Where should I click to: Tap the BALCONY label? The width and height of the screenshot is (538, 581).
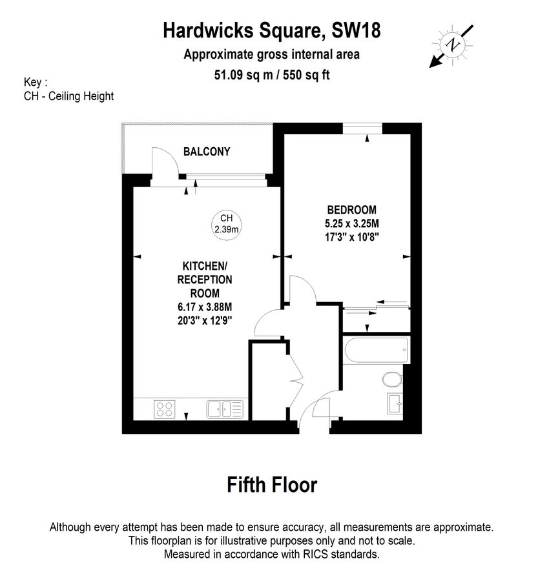pos(207,152)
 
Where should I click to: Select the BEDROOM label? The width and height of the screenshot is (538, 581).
pos(351,210)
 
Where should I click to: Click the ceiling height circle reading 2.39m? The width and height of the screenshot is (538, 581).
pos(226,224)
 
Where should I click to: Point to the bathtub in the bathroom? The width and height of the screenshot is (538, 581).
pos(375,352)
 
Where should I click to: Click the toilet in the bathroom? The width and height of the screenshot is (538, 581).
pos(391,378)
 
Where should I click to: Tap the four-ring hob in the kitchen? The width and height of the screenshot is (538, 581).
pos(165,409)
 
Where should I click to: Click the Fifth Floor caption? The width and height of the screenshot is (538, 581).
pos(272,484)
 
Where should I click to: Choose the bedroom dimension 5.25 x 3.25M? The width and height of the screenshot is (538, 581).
pos(351,223)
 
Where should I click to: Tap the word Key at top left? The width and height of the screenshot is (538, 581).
pos(32,83)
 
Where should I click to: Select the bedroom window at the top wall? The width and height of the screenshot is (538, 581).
pos(367,128)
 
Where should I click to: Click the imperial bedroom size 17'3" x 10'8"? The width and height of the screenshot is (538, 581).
pos(351,237)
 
